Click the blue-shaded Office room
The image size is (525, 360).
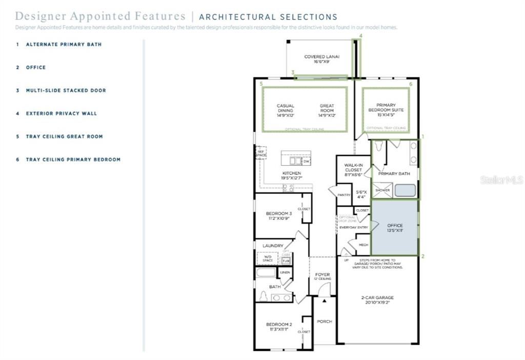(394, 228)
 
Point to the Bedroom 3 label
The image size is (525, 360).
(279, 215)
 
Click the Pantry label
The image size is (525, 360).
(344, 195)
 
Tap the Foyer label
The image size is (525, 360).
(322, 276)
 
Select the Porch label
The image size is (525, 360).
(324, 322)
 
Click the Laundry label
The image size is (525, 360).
(273, 246)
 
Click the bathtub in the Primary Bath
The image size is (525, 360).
(406, 190)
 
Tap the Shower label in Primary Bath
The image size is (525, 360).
(382, 190)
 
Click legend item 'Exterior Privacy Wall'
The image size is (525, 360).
(61, 113)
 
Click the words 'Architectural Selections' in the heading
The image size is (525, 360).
(268, 17)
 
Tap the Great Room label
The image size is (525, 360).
(327, 111)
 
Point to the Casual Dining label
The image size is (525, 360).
(286, 111)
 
